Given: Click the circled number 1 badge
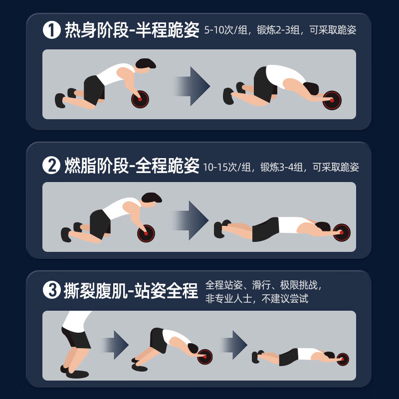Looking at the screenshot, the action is (52, 30).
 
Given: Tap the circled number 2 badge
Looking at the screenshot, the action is (51, 166).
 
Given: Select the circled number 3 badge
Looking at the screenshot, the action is (52, 290).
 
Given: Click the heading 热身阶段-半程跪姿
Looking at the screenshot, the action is (132, 30).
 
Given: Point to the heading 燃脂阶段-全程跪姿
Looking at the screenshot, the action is (132, 166).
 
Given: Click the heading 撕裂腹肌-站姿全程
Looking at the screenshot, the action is (131, 290).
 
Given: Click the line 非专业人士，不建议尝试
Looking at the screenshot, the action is (257, 298).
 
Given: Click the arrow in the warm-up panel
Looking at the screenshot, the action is (193, 86).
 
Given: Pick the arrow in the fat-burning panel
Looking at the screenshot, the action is (191, 220).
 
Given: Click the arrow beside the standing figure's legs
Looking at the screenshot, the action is (116, 345).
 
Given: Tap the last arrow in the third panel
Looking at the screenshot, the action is (234, 345).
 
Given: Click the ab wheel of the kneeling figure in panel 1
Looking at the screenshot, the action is (140, 99).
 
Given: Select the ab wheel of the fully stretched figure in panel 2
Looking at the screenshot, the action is (342, 232).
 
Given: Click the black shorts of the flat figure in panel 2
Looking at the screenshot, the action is (266, 229).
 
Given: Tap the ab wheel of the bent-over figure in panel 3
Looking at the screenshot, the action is (204, 357).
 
